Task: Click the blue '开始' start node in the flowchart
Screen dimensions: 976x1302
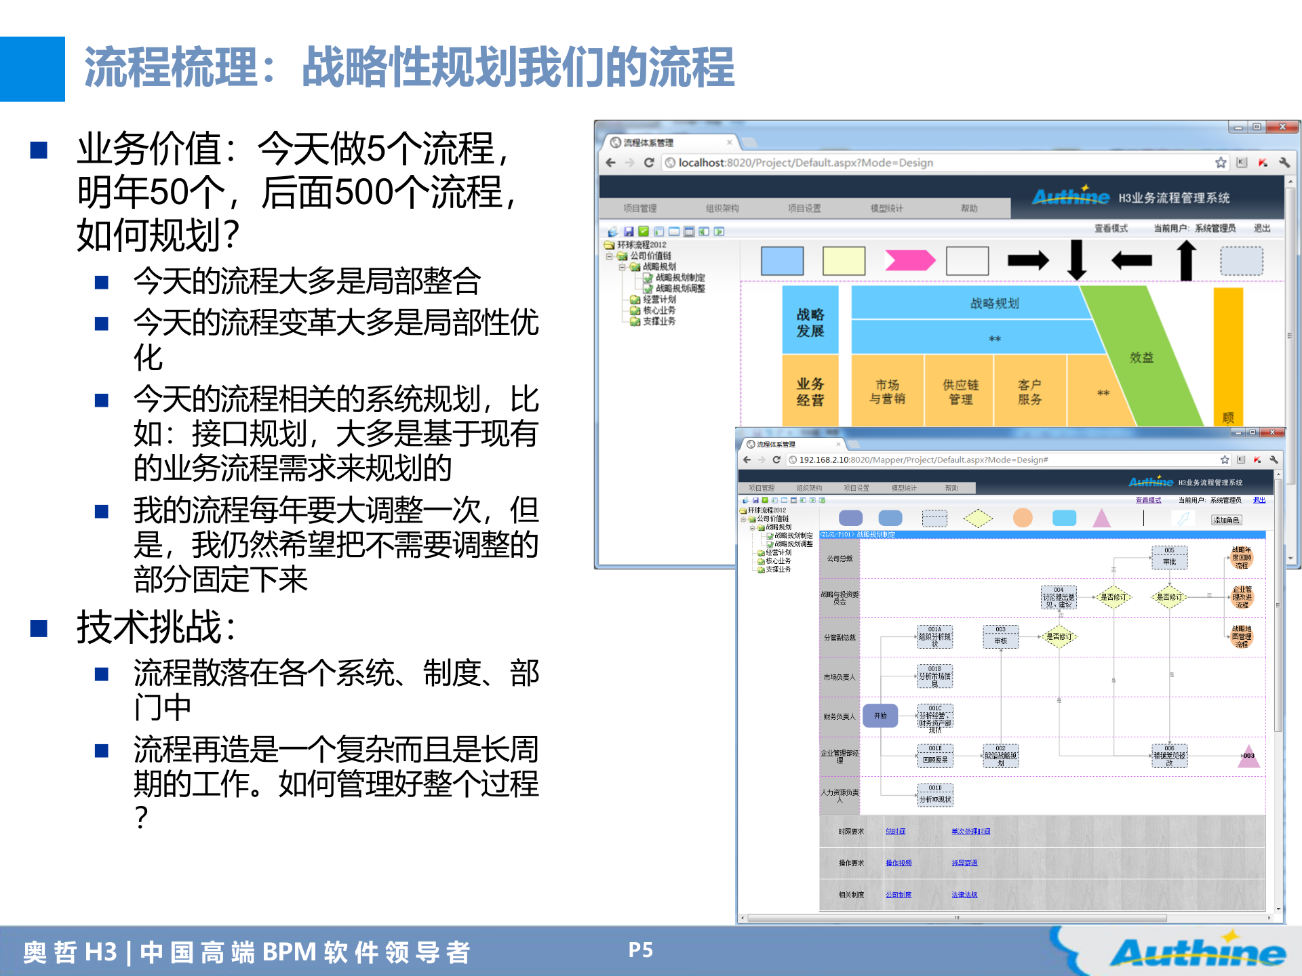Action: click(x=880, y=716)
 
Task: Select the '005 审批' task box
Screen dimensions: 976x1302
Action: click(x=1169, y=557)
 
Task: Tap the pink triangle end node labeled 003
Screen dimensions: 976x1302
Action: click(x=1248, y=756)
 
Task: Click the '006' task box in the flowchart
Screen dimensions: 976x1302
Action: click(x=1169, y=756)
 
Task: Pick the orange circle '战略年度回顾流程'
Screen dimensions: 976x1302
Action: click(x=1242, y=558)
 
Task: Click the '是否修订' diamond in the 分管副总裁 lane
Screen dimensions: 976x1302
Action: click(x=1059, y=636)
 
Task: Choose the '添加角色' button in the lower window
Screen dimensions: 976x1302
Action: click(x=1226, y=520)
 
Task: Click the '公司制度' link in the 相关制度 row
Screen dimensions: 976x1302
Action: click(x=898, y=895)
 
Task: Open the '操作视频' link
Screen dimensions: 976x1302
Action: click(x=898, y=863)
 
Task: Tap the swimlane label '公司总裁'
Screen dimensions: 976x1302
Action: click(x=840, y=558)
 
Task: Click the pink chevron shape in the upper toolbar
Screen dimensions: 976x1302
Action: click(x=909, y=260)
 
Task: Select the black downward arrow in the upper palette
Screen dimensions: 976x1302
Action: click(x=1076, y=260)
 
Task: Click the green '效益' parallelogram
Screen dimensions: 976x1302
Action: click(x=1141, y=357)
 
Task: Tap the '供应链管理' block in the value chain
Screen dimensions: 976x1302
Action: click(x=960, y=392)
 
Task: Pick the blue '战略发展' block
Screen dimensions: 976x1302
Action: click(x=810, y=322)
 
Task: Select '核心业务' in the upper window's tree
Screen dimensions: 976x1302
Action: click(x=658, y=310)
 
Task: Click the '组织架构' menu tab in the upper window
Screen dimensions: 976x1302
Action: click(x=722, y=208)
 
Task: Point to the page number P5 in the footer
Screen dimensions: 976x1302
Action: click(x=640, y=950)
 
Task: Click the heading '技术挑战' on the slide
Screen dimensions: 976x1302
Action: click(x=156, y=627)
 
